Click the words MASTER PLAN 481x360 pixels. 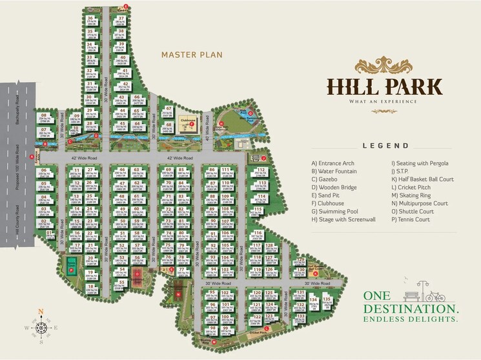(192, 55)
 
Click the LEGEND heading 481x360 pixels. (385, 146)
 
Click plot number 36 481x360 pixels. (90, 18)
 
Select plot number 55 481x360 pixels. (121, 283)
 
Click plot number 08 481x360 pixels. (45, 117)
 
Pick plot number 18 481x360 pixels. (90, 286)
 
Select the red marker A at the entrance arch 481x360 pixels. (32, 155)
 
